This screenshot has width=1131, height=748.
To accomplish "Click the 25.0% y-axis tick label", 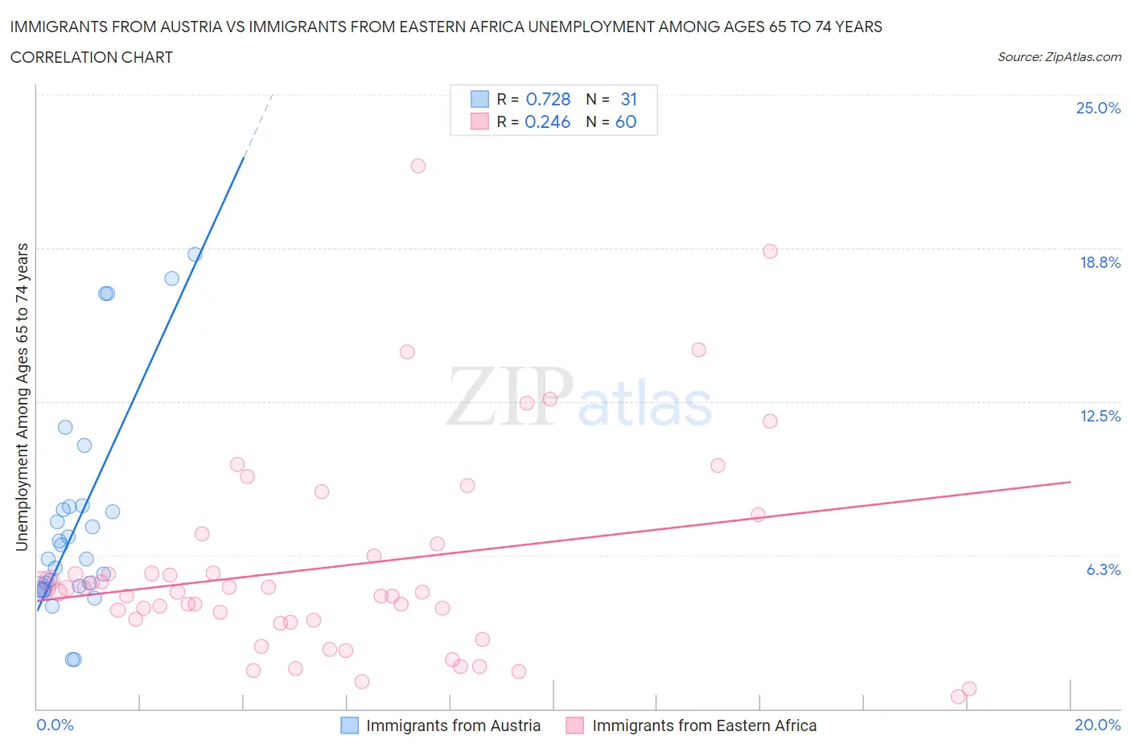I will click(x=1098, y=108).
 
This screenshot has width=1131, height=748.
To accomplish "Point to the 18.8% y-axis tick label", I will click(x=1100, y=262).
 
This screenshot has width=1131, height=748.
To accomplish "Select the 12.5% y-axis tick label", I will click(x=1100, y=416).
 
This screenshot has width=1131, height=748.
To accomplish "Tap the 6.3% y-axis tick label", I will click(x=1103, y=569).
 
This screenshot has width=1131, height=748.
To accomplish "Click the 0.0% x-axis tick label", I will click(x=55, y=725).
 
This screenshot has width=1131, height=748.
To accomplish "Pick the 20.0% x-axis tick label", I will click(x=1097, y=725).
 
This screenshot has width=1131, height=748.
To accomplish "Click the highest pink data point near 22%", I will click(x=418, y=166).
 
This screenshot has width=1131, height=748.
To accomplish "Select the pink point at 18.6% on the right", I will click(x=770, y=251).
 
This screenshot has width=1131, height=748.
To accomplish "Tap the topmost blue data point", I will click(x=195, y=254).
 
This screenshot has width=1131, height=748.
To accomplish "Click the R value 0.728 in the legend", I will click(x=548, y=99).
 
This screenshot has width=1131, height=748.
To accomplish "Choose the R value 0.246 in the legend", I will click(x=547, y=121).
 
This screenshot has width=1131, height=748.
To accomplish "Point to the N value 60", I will click(x=626, y=121).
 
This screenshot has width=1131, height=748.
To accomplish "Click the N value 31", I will click(x=628, y=99).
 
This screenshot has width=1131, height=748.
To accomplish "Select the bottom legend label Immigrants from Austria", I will click(x=453, y=725).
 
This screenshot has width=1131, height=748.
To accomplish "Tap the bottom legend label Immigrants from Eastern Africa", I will click(x=704, y=725).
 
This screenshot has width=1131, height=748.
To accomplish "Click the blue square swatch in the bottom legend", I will click(x=349, y=725).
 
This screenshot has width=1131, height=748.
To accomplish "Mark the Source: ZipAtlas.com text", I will click(x=1059, y=56).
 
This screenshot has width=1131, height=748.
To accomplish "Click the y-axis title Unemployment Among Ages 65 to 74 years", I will click(x=23, y=397).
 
